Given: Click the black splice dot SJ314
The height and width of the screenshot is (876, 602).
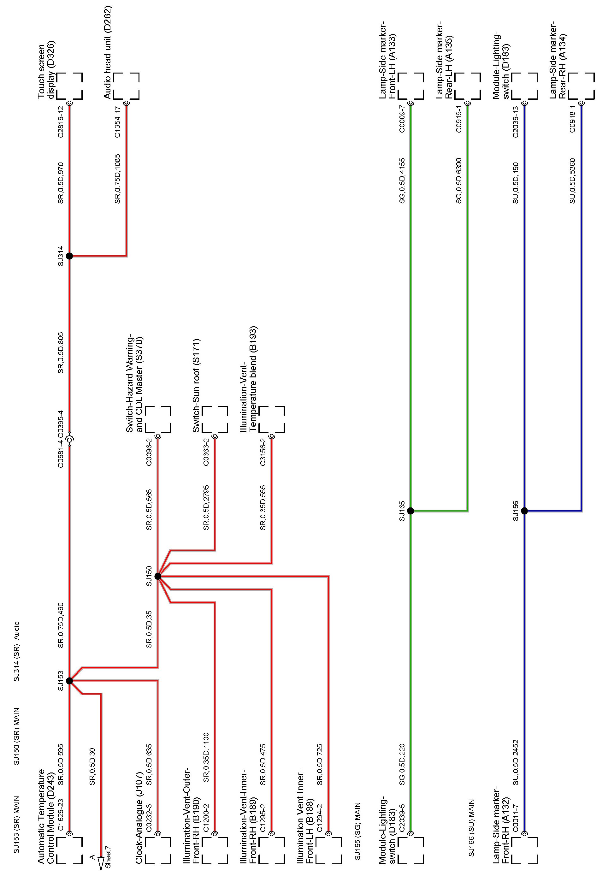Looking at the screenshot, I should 69,256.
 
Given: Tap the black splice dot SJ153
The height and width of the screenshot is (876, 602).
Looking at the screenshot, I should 69,681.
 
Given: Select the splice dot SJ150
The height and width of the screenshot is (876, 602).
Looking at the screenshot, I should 158,576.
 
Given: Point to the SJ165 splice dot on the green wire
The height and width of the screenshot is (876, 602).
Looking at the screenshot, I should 411,511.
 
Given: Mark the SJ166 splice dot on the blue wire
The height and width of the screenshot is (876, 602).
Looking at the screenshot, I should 524,511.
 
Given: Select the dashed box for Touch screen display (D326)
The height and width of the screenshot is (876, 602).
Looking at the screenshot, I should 69,86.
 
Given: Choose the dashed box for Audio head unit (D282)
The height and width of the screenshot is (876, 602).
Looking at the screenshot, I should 126,86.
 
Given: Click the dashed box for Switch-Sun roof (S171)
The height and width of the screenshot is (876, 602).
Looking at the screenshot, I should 215,419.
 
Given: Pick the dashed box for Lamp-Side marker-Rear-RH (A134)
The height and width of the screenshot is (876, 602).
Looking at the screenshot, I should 581,86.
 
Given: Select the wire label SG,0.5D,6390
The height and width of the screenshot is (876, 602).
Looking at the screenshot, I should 459,181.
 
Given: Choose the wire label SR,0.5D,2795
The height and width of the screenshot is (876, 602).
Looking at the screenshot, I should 206,507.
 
